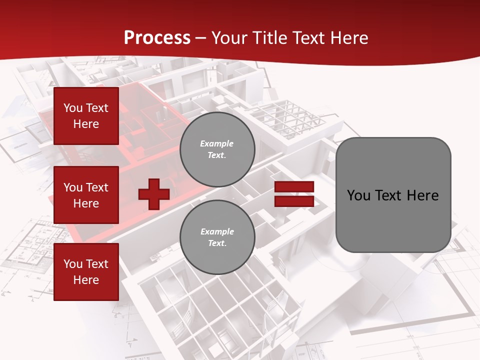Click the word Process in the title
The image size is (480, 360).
click(157, 38)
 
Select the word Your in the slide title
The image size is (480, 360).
click(229, 38)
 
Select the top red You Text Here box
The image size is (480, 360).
click(86, 116)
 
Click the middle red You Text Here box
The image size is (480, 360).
click(86, 195)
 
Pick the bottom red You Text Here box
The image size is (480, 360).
click(86, 271)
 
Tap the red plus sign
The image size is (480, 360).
click(153, 194)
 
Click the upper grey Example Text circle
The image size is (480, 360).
click(217, 149)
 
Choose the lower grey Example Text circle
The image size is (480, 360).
click(217, 237)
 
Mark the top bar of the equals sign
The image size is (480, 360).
click(294, 187)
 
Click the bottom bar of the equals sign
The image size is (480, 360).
click(294, 201)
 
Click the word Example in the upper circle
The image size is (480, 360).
click(217, 143)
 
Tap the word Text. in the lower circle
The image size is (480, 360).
click(217, 243)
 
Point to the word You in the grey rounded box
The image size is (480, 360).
click(358, 195)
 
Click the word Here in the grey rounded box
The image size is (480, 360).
click(423, 195)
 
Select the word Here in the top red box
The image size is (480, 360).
click(86, 124)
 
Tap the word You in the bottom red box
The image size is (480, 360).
click(73, 264)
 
